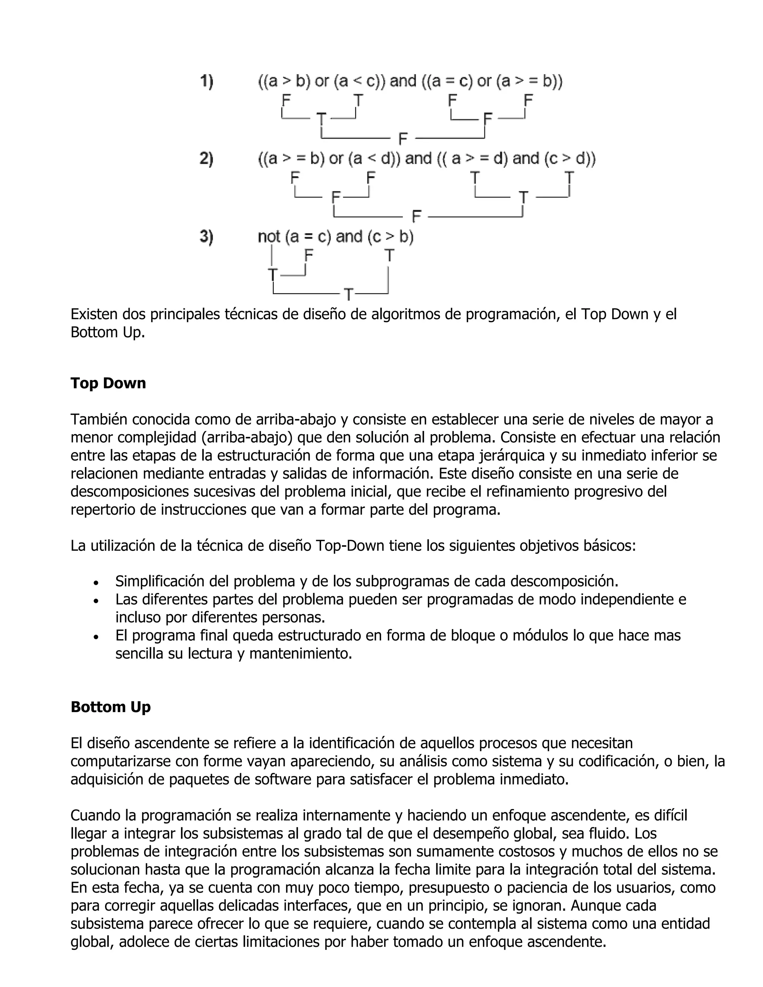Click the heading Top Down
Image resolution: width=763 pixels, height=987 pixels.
coord(108,383)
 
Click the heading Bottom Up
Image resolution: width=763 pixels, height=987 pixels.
coord(110,707)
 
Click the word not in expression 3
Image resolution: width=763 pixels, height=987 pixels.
coord(269,237)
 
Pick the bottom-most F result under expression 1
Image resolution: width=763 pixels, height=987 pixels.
coord(403,138)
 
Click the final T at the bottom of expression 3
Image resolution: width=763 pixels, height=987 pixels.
coord(348,295)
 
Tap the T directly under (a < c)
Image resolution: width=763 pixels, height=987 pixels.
coord(358,99)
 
